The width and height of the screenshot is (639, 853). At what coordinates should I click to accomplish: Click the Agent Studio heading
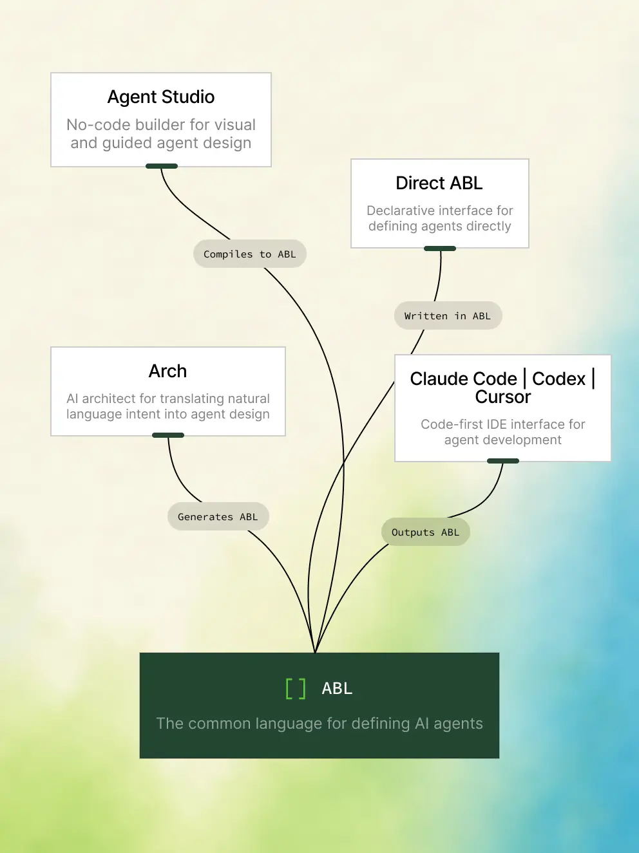(x=161, y=97)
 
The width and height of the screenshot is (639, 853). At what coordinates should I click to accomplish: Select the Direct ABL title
(x=439, y=183)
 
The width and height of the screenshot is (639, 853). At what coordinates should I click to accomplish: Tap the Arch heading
(x=168, y=371)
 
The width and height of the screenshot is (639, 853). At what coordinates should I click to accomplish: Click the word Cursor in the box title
(x=502, y=397)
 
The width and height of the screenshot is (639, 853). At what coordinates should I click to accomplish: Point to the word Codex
(x=558, y=379)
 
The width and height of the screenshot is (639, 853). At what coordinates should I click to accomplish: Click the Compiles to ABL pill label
(x=249, y=254)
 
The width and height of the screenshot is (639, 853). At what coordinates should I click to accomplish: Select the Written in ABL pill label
(x=448, y=315)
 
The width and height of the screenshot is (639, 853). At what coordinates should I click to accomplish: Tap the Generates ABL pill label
(x=218, y=516)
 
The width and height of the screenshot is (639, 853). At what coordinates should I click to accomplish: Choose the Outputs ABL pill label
(x=425, y=532)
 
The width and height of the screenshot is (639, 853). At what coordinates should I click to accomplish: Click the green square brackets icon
(x=296, y=689)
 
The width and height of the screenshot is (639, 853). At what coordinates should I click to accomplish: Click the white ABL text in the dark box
(x=337, y=689)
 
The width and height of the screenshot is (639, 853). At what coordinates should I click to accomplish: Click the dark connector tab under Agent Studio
(x=162, y=166)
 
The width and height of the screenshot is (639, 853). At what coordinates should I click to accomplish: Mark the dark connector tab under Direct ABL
(x=439, y=248)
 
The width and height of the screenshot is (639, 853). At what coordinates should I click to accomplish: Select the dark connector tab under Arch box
(x=168, y=435)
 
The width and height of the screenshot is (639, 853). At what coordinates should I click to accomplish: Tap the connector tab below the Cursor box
(x=503, y=461)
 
